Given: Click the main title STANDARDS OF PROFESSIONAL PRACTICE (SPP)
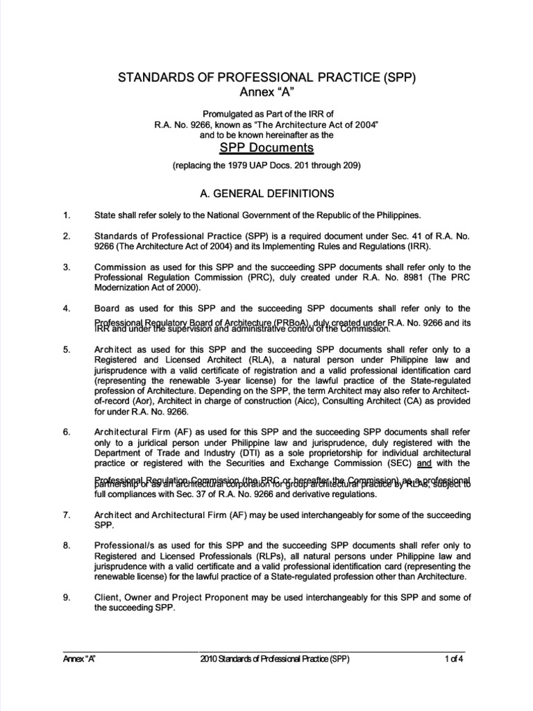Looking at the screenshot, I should pyautogui.click(x=266, y=78).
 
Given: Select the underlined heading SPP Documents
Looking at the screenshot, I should pyautogui.click(x=266, y=148).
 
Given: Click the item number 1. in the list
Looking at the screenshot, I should pyautogui.click(x=67, y=215).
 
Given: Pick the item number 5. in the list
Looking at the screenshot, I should pyautogui.click(x=67, y=350).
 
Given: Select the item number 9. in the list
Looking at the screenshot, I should pyautogui.click(x=67, y=598).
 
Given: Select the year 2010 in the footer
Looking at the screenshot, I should pyautogui.click(x=210, y=658).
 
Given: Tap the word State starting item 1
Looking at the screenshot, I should pyautogui.click(x=105, y=215).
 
